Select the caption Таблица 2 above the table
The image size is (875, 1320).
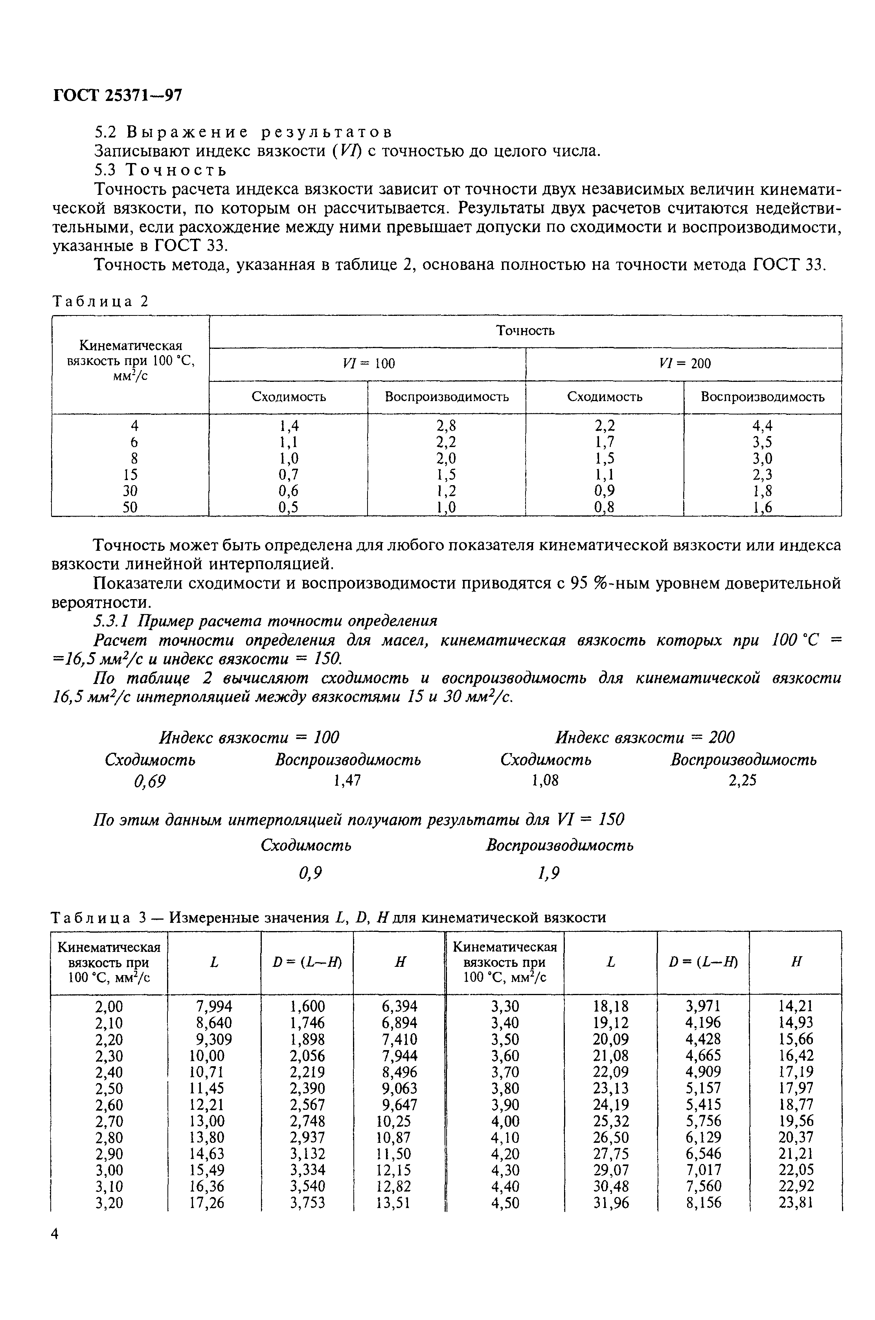point(101,301)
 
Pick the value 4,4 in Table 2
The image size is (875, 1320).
point(762,425)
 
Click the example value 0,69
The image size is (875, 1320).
point(149,782)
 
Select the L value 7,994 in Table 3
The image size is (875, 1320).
point(214,1006)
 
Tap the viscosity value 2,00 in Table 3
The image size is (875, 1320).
point(109,1006)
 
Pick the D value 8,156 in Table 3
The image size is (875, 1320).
point(703,1203)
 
